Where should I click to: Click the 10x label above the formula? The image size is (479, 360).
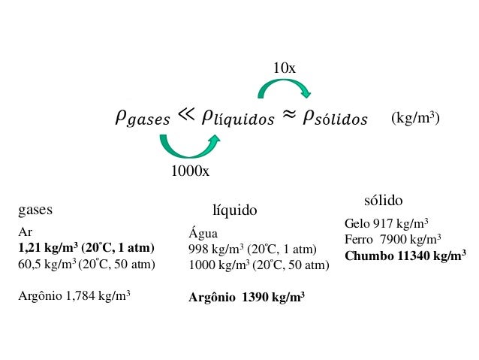click(x=284, y=68)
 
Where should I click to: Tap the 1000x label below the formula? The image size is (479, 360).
click(x=189, y=171)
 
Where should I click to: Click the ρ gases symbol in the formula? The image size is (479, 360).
click(x=142, y=118)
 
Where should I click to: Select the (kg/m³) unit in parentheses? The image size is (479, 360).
click(x=415, y=119)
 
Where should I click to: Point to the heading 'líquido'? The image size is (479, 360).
click(x=235, y=211)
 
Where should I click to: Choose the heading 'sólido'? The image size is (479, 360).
click(x=383, y=201)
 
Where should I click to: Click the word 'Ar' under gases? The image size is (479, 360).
click(x=25, y=231)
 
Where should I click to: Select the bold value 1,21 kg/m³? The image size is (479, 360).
click(x=47, y=247)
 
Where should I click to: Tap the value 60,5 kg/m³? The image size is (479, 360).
click(x=45, y=264)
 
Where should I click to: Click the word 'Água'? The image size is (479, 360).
click(x=203, y=233)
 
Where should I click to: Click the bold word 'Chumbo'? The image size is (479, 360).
click(x=369, y=256)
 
